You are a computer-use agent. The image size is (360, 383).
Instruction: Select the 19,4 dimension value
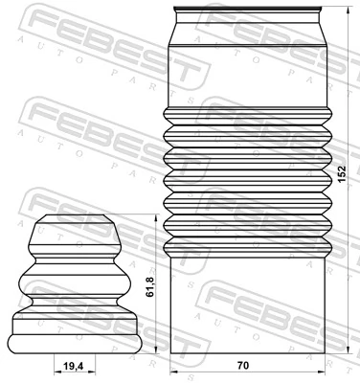(72, 366)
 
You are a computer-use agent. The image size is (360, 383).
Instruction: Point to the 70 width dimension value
(243, 366)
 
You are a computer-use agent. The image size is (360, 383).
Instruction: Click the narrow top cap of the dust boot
(247, 19)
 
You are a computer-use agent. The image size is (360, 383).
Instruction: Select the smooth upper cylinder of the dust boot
(247, 72)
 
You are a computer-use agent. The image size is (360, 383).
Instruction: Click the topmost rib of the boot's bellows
(247, 119)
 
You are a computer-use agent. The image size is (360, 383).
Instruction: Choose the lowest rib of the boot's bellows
(247, 246)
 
